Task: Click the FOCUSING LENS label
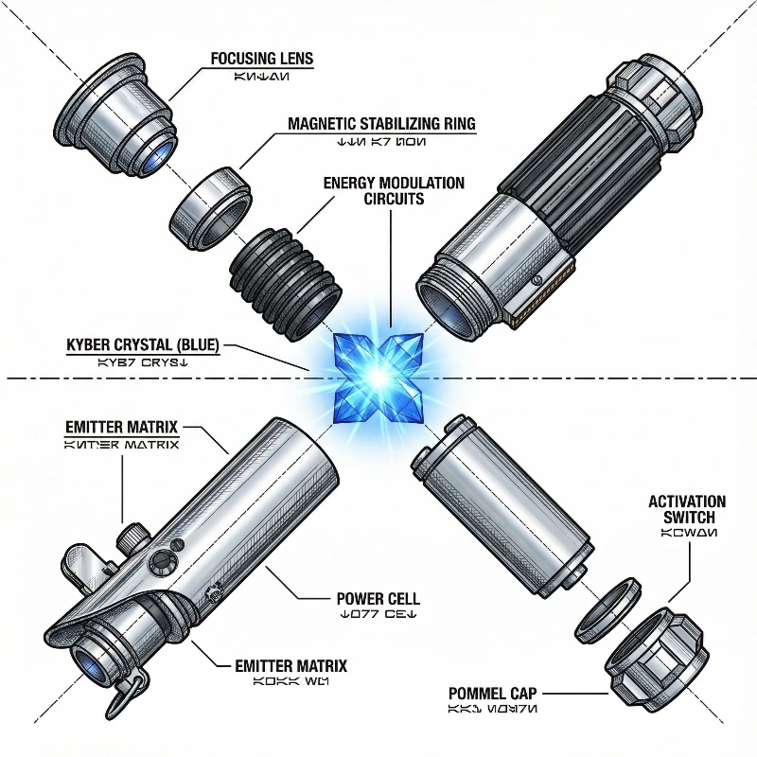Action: pyautogui.click(x=261, y=59)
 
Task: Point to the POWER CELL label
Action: pyautogui.click(x=378, y=599)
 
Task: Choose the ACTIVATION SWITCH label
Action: pyautogui.click(x=688, y=509)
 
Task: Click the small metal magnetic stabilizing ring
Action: pyautogui.click(x=210, y=202)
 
